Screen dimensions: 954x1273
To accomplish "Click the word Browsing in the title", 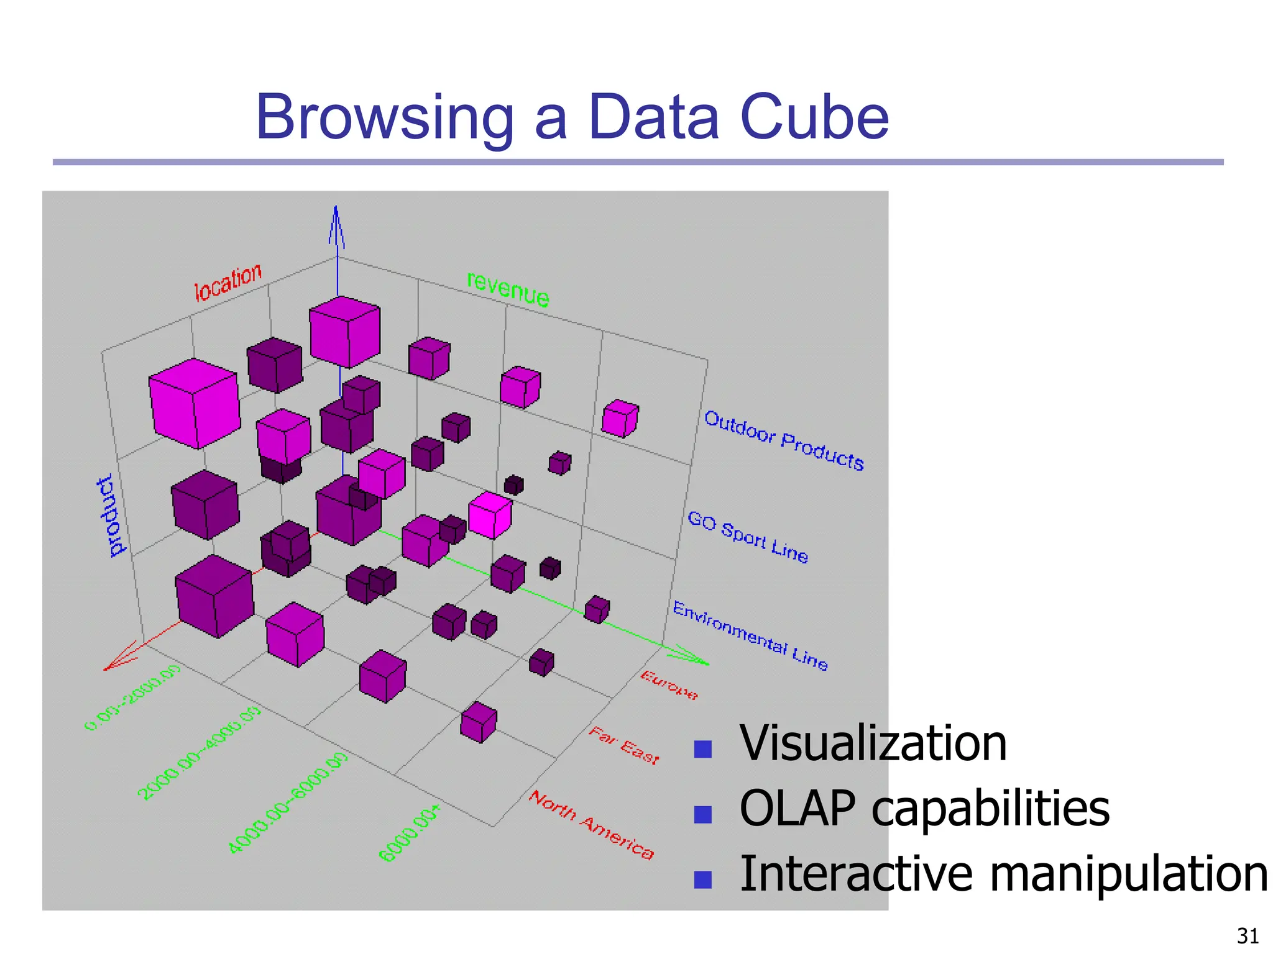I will [x=385, y=118].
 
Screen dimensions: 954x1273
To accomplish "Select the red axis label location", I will [x=228, y=283].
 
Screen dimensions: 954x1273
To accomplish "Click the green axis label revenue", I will [x=508, y=289].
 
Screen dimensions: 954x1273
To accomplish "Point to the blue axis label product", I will [x=111, y=516].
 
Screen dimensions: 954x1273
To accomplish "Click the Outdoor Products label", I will [x=784, y=440].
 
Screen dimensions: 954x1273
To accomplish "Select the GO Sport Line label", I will [x=748, y=537].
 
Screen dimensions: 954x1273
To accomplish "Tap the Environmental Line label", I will [x=750, y=635].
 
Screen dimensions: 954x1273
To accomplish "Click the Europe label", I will [x=669, y=685].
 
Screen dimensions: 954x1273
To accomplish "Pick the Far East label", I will [x=623, y=745].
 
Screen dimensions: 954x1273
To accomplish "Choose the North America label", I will [x=591, y=825].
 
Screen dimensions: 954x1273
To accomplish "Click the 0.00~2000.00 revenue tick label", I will [x=132, y=697].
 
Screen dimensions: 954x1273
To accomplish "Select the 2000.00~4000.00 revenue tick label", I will [x=199, y=752].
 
